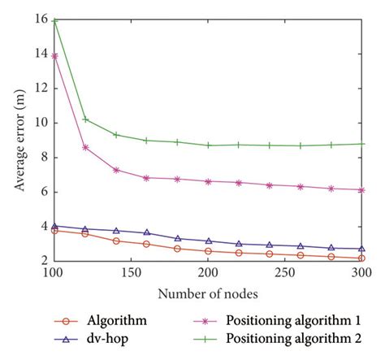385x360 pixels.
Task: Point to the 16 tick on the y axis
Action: tap(40, 19)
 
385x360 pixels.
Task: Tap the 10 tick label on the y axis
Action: tap(40, 123)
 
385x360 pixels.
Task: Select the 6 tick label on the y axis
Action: tap(43, 192)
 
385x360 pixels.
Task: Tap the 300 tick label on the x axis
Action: tap(361, 274)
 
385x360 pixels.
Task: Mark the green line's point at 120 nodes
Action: tap(85, 119)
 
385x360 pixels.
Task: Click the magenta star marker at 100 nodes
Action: tap(54, 55)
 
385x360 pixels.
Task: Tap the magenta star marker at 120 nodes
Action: tap(85, 147)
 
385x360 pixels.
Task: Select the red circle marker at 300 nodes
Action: tap(361, 258)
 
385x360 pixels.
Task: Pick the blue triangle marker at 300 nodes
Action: tap(361, 249)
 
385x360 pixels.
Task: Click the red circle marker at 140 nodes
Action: tap(116, 241)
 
